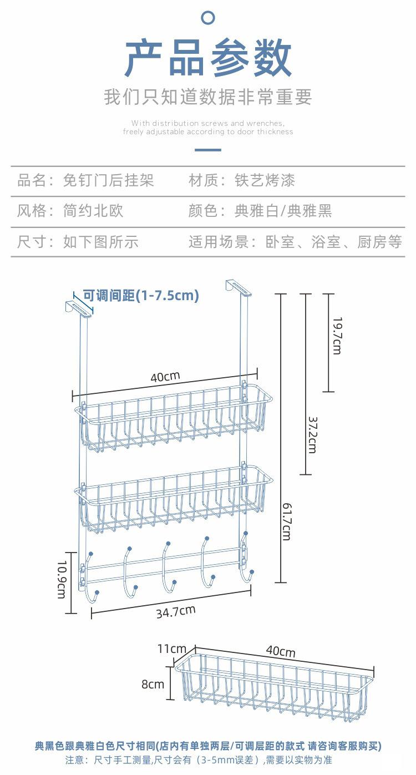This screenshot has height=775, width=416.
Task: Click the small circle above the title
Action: click(x=208, y=18)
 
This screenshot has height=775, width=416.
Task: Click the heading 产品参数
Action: click(x=208, y=58)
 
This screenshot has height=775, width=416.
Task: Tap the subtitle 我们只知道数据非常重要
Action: click(x=208, y=97)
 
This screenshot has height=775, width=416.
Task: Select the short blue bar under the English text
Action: click(x=208, y=150)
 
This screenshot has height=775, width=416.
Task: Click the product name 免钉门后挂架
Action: click(x=108, y=180)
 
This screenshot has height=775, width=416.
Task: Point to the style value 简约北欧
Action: click(x=93, y=211)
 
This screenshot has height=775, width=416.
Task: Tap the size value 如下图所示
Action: click(x=100, y=242)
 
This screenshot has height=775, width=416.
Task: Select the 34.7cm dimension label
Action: click(x=175, y=612)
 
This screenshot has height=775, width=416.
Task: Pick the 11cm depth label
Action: click(x=171, y=649)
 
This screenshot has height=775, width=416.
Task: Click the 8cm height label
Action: click(x=153, y=684)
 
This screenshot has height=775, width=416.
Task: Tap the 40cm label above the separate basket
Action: click(x=281, y=651)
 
